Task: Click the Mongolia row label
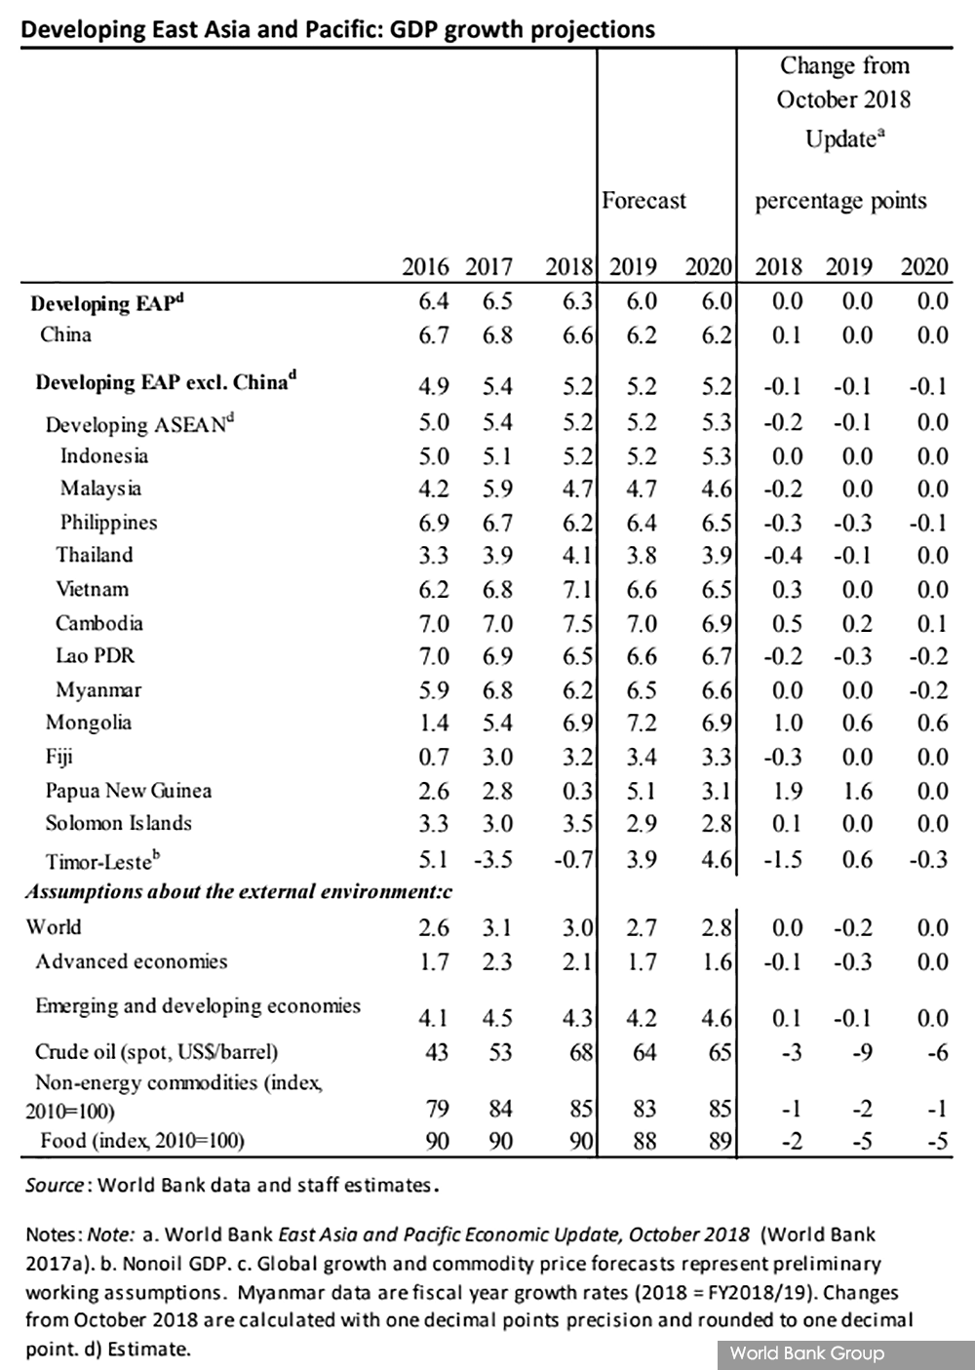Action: coord(89,723)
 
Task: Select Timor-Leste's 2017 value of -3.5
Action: coord(493,859)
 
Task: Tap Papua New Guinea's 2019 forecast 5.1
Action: coord(641,791)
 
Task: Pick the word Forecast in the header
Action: coord(644,200)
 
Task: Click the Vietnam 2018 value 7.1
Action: coord(577,590)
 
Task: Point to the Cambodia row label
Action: coord(99,623)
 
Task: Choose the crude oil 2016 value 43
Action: coord(437,1052)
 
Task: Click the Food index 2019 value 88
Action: coord(644,1141)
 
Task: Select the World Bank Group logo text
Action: coord(807,1352)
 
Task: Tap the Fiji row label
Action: coord(59,758)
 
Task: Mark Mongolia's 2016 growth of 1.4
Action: coord(434,723)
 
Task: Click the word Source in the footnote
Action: coord(55,1185)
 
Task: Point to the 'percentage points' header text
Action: coord(841,201)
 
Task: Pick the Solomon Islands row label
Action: coord(119,823)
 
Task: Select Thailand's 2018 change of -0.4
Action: coord(783,556)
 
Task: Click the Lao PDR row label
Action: coord(95,655)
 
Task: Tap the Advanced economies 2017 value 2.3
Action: coord(496,962)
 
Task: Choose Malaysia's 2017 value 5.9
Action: coord(496,489)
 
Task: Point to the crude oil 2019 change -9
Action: coord(863,1052)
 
